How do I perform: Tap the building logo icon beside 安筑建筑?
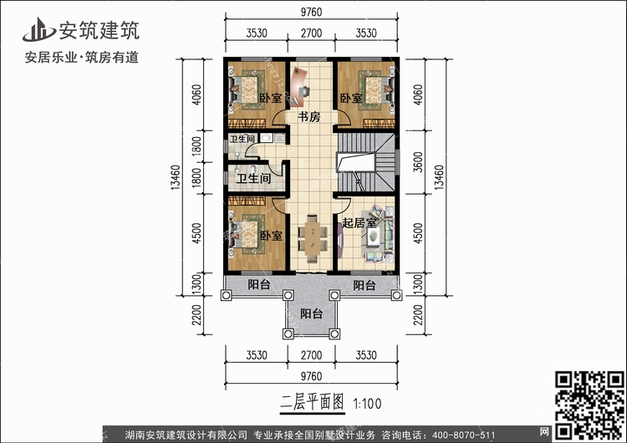click(38, 30)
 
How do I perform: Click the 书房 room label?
click(309, 117)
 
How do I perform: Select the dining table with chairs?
click(310, 236)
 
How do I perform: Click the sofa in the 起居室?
click(377, 238)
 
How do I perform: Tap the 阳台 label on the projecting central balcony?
click(311, 314)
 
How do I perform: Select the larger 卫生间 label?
click(252, 178)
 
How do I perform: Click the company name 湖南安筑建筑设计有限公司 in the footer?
click(186, 435)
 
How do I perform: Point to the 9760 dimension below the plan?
click(311, 375)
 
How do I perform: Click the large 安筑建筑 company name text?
click(99, 30)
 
